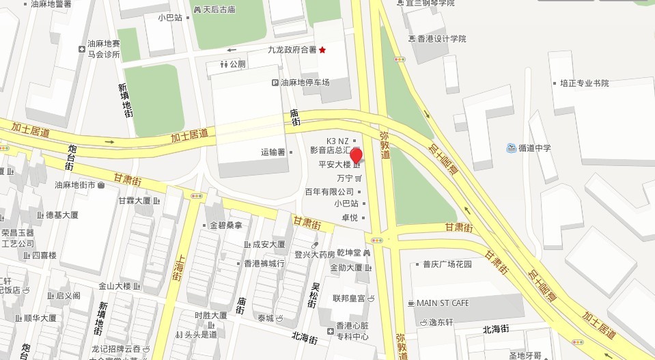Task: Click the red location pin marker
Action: coord(356,154)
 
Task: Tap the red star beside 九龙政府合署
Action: coord(322,50)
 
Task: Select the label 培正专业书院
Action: coord(584,83)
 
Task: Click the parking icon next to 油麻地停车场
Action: coord(275,83)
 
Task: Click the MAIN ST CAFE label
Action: coord(443,303)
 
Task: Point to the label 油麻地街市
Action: coord(75,184)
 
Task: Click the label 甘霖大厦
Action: coord(134,201)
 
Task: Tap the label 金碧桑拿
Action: coord(225,225)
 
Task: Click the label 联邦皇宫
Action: coord(349,298)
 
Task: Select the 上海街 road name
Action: coord(180,269)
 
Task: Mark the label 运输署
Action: coord(273,152)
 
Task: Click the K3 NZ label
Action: coord(337,141)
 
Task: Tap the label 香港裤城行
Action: coord(264,263)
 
